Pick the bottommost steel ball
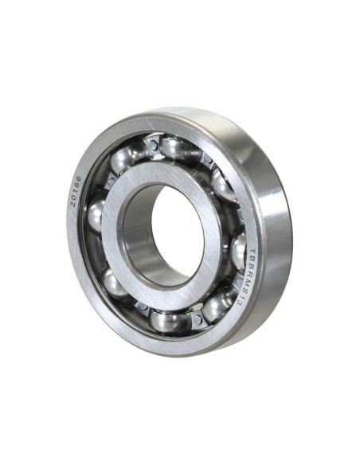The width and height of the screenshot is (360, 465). pos(166,320)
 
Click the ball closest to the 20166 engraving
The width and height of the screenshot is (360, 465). pos(96,215)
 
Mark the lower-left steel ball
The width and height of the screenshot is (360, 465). pos(116,283)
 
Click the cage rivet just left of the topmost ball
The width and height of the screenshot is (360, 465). pos(151,145)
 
